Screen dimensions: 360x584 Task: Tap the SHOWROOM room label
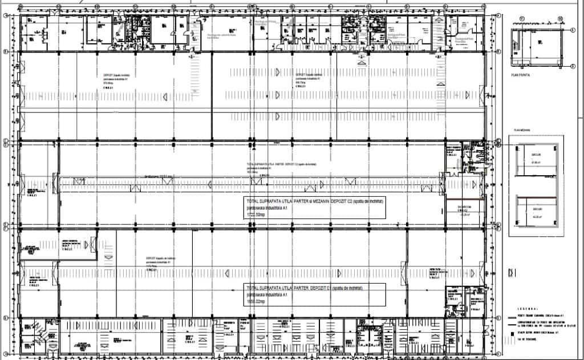(463, 207)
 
